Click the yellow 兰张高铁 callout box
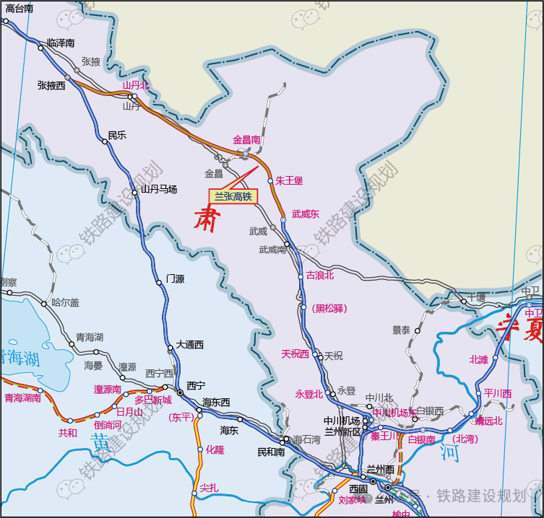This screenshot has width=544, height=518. [233, 196]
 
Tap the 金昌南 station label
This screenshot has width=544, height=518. [246, 139]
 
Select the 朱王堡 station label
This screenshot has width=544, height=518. [289, 180]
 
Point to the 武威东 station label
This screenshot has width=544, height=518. [306, 214]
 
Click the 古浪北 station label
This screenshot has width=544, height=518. [320, 275]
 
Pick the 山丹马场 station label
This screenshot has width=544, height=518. [158, 189]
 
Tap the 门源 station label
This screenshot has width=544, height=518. [176, 278]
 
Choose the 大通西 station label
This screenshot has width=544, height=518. [190, 345]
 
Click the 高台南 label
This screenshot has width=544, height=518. [19, 9]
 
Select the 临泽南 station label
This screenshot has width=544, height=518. [61, 43]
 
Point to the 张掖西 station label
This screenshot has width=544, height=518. [51, 85]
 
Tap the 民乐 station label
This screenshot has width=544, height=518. [117, 135]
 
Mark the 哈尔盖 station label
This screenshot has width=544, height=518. [66, 303]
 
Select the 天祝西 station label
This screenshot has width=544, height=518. [295, 354]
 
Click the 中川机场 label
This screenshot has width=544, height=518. [342, 421]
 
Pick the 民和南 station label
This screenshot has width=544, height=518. [271, 452]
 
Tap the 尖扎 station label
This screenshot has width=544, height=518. [209, 487]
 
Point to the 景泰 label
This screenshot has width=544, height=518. [401, 330]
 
